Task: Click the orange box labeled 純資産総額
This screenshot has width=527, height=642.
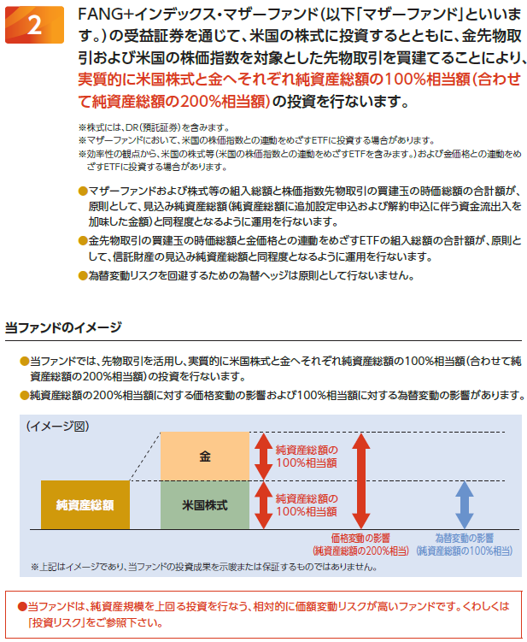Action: tap(79, 504)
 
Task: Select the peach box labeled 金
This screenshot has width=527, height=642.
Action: tap(205, 456)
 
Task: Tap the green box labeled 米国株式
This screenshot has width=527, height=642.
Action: tap(205, 504)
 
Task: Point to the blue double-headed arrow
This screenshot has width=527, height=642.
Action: tap(464, 504)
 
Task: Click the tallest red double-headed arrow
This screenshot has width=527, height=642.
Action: tap(361, 480)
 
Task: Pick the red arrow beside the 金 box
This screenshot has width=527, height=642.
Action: tap(262, 456)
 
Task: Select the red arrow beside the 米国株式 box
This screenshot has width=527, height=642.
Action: tap(262, 504)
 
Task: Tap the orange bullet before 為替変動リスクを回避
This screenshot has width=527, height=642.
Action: tap(82, 275)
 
